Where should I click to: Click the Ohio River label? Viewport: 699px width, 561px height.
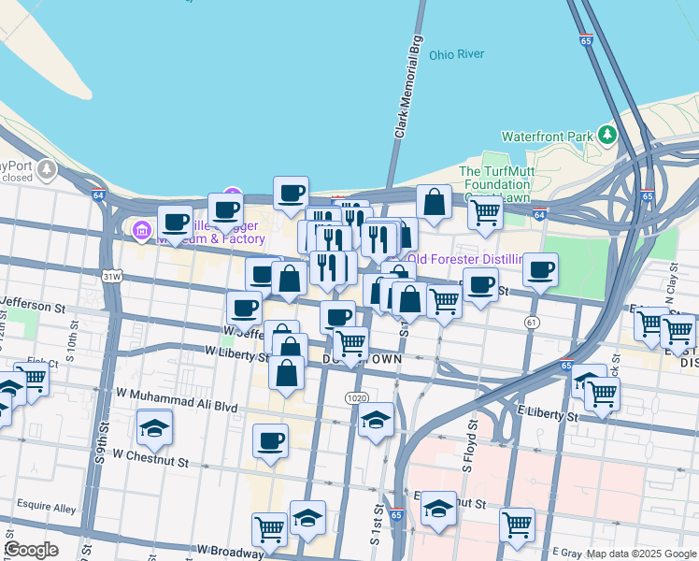pos(456,54)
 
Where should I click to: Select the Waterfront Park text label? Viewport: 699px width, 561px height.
pos(548,137)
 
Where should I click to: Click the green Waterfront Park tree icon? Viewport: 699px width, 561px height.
pos(608,135)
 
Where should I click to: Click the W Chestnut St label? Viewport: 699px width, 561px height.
pos(150,455)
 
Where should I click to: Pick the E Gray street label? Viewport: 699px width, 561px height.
pos(566,554)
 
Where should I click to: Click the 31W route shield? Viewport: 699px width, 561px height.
pos(112,277)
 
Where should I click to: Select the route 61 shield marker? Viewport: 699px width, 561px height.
pos(532,323)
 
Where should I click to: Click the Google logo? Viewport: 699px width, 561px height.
pos(31,550)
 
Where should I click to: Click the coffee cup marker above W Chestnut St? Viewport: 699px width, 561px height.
pos(271,440)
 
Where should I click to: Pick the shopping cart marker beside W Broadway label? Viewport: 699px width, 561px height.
pos(269,528)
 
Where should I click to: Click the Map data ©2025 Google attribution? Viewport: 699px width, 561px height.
pos(641,554)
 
